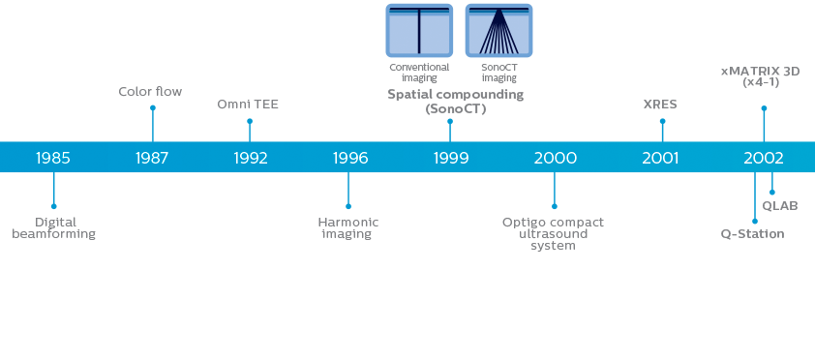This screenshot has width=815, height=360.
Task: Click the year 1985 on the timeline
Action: click(x=53, y=158)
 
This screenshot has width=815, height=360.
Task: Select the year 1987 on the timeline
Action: click(x=152, y=158)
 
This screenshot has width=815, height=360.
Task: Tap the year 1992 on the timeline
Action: click(x=251, y=158)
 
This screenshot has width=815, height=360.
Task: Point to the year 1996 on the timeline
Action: click(x=349, y=158)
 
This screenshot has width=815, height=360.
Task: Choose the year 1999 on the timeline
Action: click(x=450, y=158)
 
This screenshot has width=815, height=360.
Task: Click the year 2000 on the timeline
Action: click(x=555, y=158)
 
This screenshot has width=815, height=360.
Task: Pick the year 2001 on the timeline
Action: click(x=661, y=158)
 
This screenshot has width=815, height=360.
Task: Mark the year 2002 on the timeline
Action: click(x=764, y=158)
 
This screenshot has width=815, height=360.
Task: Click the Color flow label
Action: click(x=150, y=92)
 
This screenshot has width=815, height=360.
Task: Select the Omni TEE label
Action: click(x=249, y=104)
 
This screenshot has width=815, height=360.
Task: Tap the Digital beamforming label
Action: click(x=54, y=227)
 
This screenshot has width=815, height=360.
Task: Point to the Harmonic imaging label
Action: click(x=347, y=227)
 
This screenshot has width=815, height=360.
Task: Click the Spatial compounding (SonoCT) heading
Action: click(x=455, y=102)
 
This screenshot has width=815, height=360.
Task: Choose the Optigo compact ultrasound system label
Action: click(x=553, y=233)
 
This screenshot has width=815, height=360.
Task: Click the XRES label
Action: click(x=661, y=104)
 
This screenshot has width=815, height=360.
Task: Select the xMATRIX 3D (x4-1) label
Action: click(x=761, y=76)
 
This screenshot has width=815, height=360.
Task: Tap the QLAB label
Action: click(x=780, y=205)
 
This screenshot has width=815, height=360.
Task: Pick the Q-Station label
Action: click(x=752, y=234)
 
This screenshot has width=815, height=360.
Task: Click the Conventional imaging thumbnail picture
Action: click(x=419, y=30)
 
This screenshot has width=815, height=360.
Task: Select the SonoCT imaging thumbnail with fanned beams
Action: click(x=498, y=30)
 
